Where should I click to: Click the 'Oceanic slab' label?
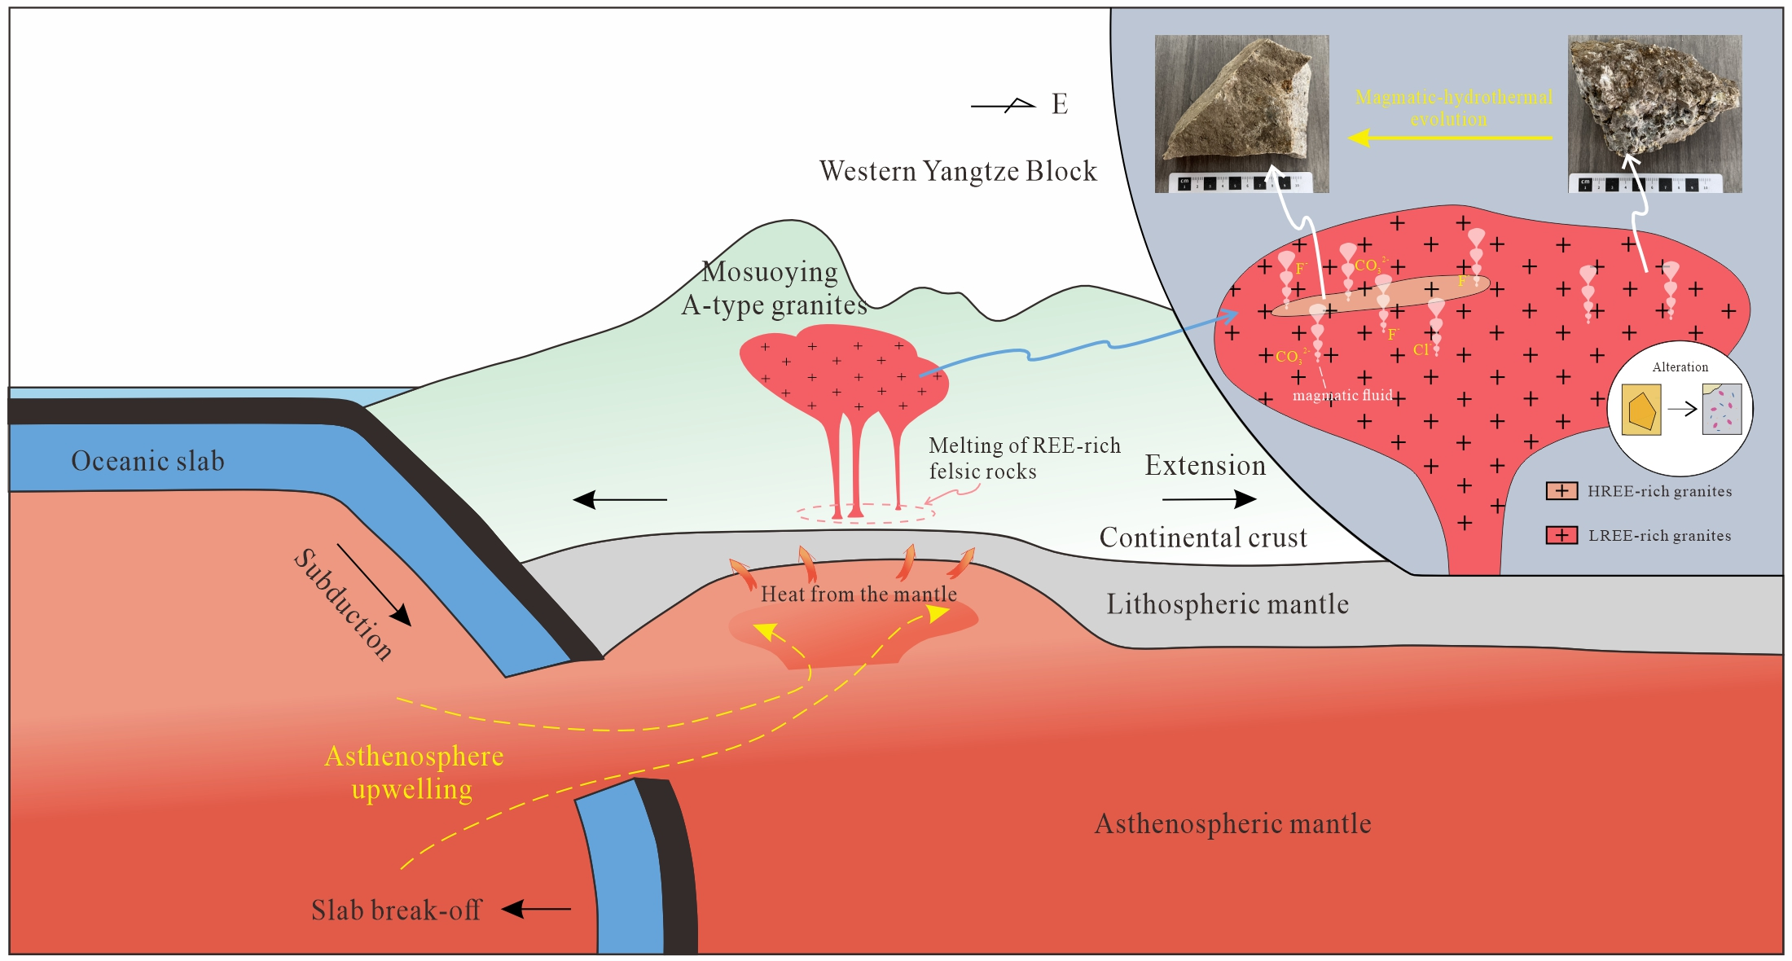(x=147, y=461)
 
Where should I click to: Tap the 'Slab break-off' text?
(x=397, y=910)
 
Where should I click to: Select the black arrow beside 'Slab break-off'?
(x=537, y=909)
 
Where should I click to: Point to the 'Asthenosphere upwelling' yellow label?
(x=414, y=772)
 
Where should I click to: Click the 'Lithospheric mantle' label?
(x=1227, y=604)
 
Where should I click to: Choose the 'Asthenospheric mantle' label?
(x=1232, y=823)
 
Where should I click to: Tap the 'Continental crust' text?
(x=1203, y=538)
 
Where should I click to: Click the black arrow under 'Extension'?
(x=1210, y=498)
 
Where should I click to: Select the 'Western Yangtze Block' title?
(x=958, y=171)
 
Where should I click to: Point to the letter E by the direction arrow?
(x=1060, y=104)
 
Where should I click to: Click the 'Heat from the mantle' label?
(x=859, y=594)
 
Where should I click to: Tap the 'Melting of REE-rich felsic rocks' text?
(x=1024, y=459)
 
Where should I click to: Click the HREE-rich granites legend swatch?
(x=1561, y=491)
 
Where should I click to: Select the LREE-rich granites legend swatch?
(x=1561, y=535)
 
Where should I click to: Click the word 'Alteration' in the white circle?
(x=1680, y=367)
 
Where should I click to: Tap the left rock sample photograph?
(x=1241, y=113)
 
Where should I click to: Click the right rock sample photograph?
(x=1655, y=113)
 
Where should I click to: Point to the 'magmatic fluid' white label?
(x=1342, y=396)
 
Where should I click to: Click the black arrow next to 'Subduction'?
(x=374, y=585)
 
